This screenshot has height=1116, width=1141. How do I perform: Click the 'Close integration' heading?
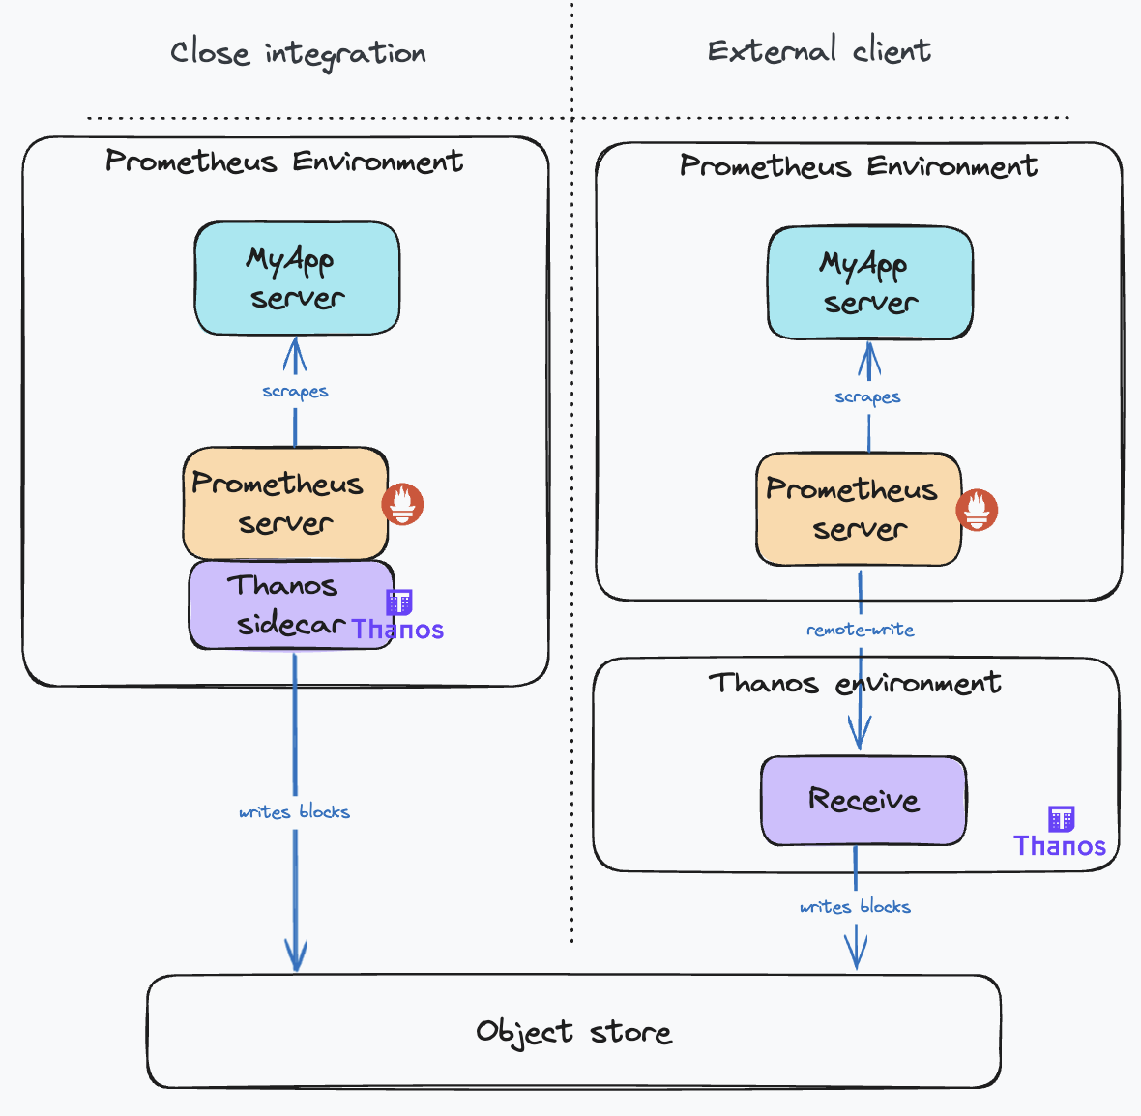pyautogui.click(x=298, y=53)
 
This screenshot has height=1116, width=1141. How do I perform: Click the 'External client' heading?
pyautogui.click(x=819, y=50)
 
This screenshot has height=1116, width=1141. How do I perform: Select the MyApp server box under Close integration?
pyautogui.click(x=297, y=279)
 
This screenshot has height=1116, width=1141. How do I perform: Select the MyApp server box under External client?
pyautogui.click(x=870, y=282)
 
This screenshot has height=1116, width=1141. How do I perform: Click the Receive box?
pyautogui.click(x=863, y=801)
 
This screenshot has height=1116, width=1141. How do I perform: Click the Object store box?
pyautogui.click(x=573, y=1032)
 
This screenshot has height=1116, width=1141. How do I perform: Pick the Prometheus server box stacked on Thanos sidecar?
pyautogui.click(x=285, y=503)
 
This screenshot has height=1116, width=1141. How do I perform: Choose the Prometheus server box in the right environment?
pyautogui.click(x=859, y=509)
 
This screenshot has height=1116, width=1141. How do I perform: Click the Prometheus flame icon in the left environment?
pyautogui.click(x=402, y=504)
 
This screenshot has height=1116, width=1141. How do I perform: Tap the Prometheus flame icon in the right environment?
pyautogui.click(x=977, y=510)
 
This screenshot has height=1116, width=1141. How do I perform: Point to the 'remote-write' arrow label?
pyautogui.click(x=860, y=630)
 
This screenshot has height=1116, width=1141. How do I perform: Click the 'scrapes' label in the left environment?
pyautogui.click(x=295, y=392)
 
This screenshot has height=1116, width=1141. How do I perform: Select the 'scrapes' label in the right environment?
pyautogui.click(x=867, y=397)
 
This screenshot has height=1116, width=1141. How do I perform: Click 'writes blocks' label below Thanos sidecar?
pyautogui.click(x=294, y=812)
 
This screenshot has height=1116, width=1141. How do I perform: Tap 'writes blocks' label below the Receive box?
pyautogui.click(x=855, y=907)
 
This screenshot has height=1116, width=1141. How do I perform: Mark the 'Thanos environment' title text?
pyautogui.click(x=855, y=684)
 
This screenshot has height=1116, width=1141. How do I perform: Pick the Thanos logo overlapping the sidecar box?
pyautogui.click(x=397, y=616)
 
